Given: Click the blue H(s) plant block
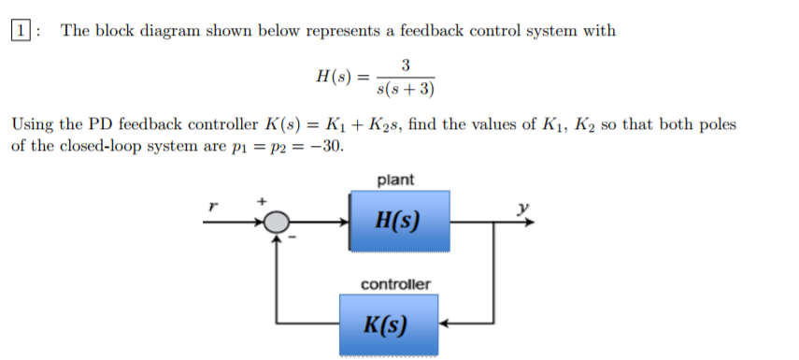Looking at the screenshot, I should tap(398, 222).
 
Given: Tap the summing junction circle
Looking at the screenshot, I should tap(276, 223).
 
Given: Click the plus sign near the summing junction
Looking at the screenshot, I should tap(262, 200).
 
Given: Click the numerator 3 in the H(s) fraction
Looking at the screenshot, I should tap(405, 65).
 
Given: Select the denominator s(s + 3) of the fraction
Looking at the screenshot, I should tap(404, 90).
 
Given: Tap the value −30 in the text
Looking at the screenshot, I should tap(326, 147).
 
